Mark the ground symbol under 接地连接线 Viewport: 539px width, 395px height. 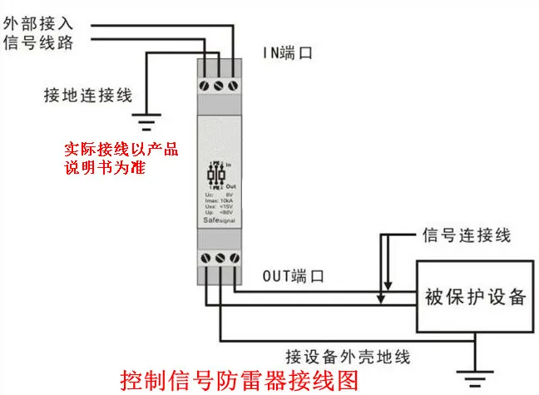tap(147, 126)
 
